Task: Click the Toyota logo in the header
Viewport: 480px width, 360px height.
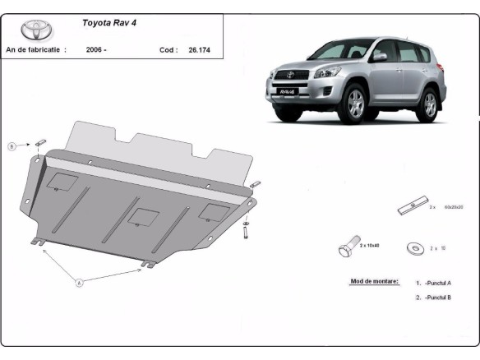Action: point(36,31)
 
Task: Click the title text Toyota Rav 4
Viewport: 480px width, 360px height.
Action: point(110,23)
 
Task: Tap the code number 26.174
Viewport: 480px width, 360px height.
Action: point(196,50)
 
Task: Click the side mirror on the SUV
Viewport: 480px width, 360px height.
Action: point(380,57)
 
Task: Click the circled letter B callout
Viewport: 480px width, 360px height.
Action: point(12,146)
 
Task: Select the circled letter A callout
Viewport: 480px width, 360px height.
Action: point(80,284)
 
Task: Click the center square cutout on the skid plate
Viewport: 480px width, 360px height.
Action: point(145,218)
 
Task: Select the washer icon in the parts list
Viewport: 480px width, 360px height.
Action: point(414,247)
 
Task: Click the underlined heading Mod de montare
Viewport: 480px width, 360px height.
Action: point(375,281)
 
